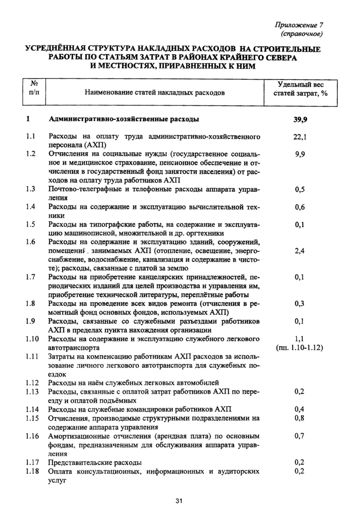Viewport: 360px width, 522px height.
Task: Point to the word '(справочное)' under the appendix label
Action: coord(301,34)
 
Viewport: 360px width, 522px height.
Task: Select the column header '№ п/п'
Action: coord(35,88)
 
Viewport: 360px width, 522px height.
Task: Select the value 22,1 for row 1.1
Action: coord(300,137)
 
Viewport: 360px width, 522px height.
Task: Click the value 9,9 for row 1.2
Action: coord(300,154)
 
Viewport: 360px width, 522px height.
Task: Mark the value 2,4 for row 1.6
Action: coord(300,250)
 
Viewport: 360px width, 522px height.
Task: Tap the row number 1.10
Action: coord(33,339)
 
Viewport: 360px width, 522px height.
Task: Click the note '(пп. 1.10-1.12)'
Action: coord(299,347)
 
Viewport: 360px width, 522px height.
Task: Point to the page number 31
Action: coord(179,501)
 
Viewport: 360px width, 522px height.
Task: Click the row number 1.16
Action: coord(33,436)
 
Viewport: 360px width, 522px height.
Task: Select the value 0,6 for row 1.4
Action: coord(300,207)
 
